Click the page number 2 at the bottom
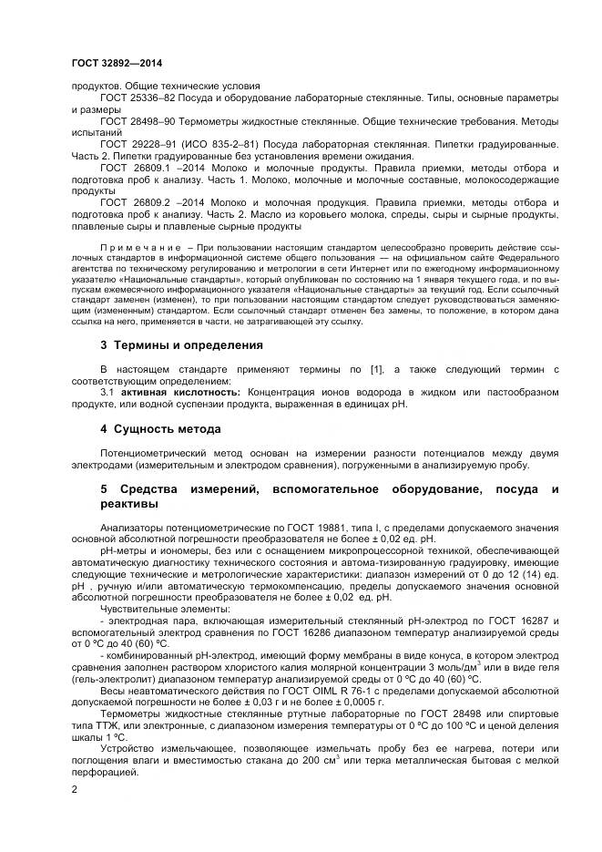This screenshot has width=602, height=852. click(74, 789)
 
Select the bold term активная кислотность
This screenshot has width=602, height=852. click(170, 391)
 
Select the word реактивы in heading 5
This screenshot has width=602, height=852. click(128, 504)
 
